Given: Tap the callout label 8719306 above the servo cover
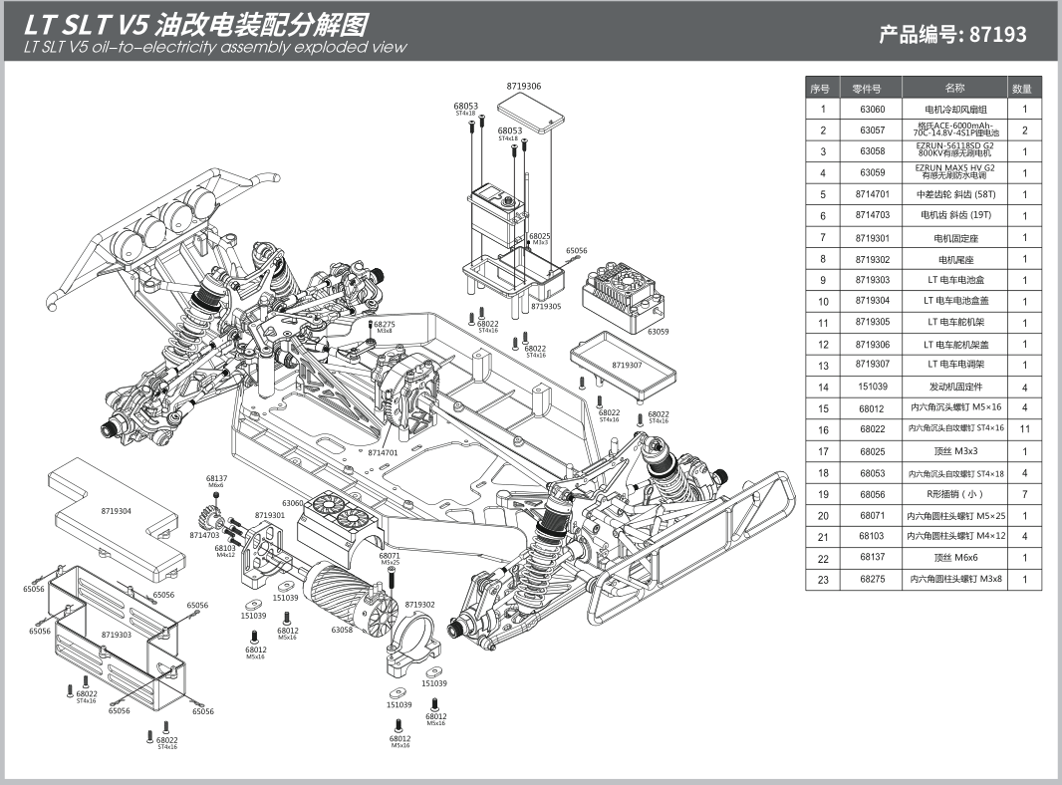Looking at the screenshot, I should tap(524, 87).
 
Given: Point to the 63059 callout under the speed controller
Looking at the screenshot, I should tap(658, 331).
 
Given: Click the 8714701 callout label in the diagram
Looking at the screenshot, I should tap(384, 452).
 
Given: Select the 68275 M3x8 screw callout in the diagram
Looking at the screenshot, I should tap(384, 325).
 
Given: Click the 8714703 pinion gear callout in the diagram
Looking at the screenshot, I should tap(205, 535).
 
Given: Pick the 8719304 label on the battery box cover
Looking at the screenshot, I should tap(118, 511).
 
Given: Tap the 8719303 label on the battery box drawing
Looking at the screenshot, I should tap(117, 635).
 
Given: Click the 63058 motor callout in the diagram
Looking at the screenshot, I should tap(343, 630).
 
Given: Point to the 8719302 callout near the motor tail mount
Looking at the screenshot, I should tap(419, 605).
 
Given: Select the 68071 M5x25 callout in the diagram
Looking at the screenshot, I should tap(390, 556).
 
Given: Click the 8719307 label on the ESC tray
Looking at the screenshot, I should tap(627, 365).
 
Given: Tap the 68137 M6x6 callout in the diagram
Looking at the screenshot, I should tap(216, 479).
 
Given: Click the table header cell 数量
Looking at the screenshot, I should tap(1023, 88).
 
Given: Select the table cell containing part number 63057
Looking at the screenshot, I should tap(872, 131).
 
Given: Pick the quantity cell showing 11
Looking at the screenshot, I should tap(1023, 428).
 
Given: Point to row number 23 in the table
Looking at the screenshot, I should tap(823, 579).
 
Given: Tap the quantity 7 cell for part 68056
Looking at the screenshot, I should tap(1023, 494).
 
